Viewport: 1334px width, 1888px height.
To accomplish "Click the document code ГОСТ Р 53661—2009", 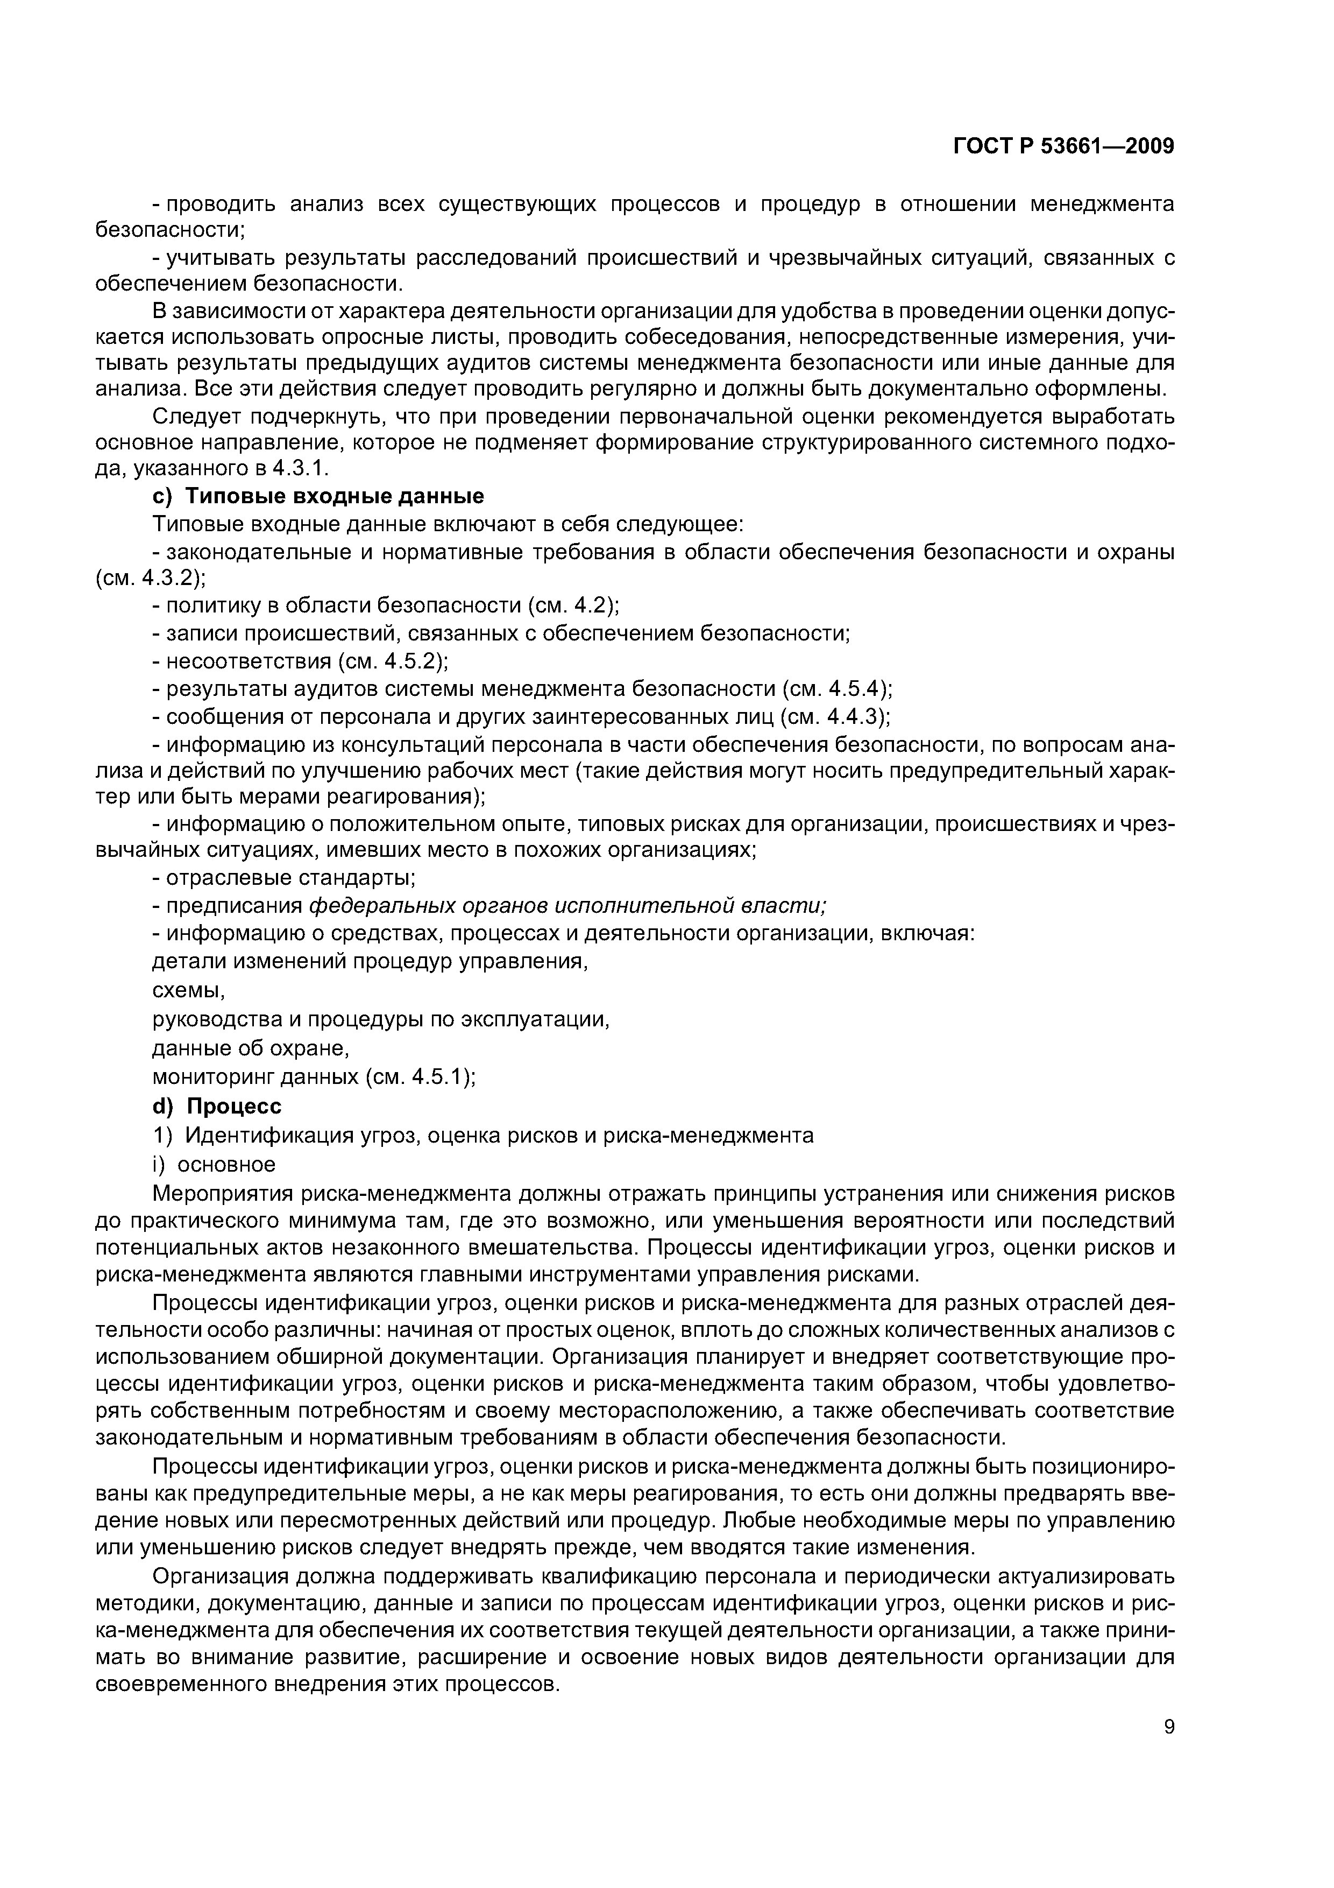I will pyautogui.click(x=1063, y=146).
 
